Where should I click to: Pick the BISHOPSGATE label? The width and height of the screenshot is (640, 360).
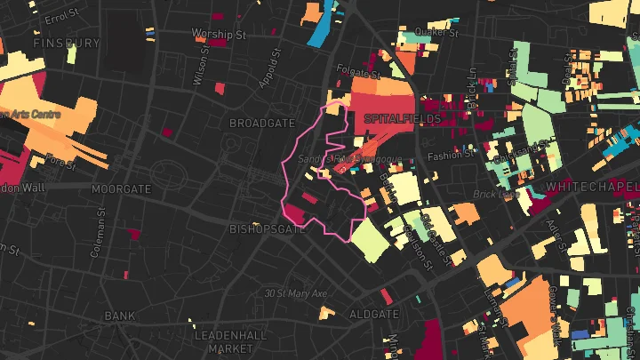click(268, 228)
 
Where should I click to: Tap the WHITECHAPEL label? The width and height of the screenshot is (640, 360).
click(593, 187)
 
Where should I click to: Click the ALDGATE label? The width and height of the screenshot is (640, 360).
click(373, 315)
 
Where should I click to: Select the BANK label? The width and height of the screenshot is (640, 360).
click(119, 316)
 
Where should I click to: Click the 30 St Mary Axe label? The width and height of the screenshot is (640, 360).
click(296, 293)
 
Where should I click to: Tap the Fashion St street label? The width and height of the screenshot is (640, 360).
click(445, 156)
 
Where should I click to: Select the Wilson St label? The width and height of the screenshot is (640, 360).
click(202, 67)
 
